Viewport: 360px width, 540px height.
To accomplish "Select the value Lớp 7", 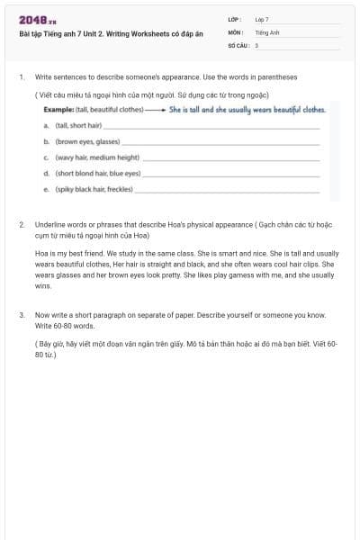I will pyautogui.click(x=262, y=19).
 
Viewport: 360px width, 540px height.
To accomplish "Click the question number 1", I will pyautogui.click(x=21, y=77).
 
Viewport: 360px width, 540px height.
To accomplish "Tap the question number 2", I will pyautogui.click(x=21, y=221).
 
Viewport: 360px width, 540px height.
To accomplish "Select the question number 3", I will pyautogui.click(x=21, y=315).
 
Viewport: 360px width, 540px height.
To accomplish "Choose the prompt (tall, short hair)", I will pyautogui.click(x=79, y=125).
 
